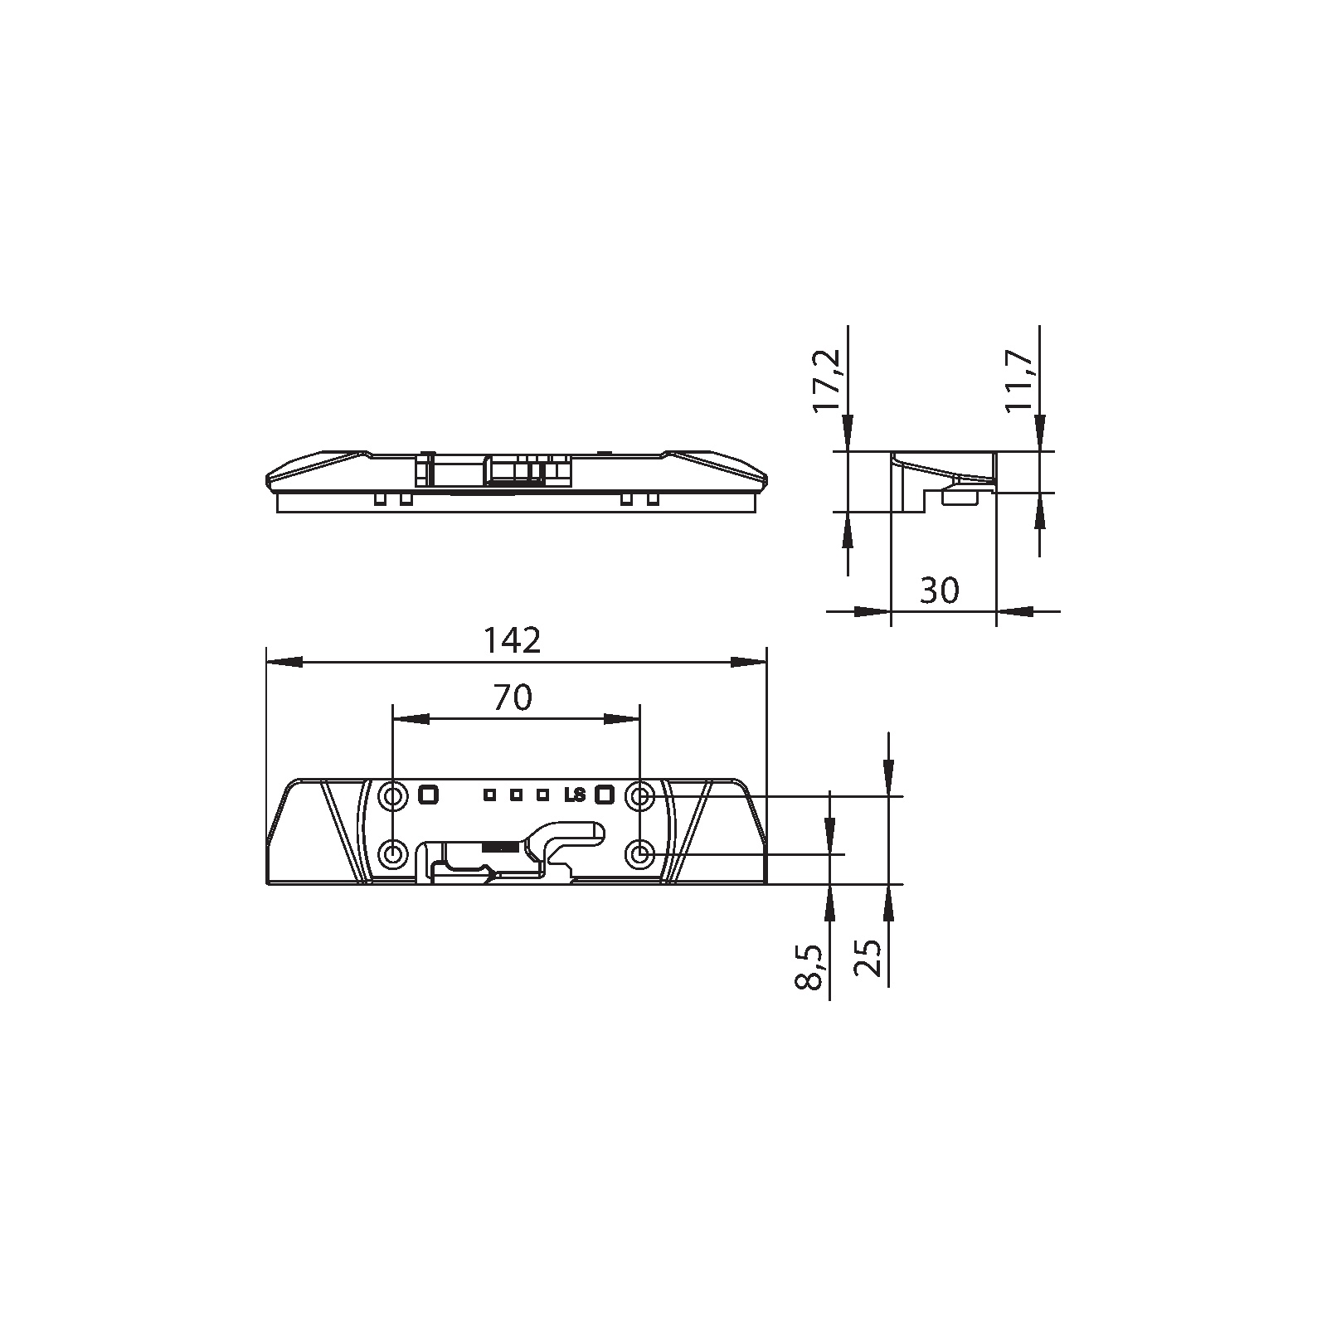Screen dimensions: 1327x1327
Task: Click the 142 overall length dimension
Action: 513,640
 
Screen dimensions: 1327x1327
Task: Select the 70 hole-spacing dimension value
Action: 513,698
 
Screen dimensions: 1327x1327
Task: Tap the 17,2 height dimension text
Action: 827,381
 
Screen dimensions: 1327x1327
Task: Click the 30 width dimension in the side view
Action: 940,591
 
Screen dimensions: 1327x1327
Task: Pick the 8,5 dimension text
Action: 810,966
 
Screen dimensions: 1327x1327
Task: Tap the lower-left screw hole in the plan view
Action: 392,853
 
